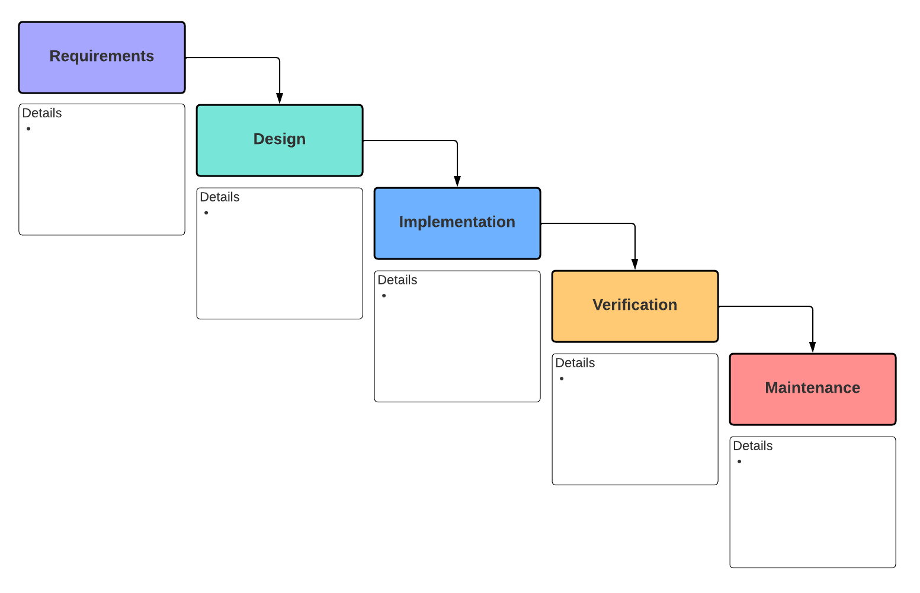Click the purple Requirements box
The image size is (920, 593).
102,57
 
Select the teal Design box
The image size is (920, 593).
280,140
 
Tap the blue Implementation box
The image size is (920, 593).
457,223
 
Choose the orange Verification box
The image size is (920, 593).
635,306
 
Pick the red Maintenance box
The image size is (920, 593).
813,389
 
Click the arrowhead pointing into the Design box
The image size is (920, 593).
280,98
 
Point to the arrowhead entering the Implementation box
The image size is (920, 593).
457,181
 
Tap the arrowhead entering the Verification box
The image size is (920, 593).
635,264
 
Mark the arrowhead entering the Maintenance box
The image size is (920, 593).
813,347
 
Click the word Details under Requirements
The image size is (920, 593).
42,113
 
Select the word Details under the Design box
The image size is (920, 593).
220,197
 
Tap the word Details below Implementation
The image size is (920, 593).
398,280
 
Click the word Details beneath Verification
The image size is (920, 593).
575,363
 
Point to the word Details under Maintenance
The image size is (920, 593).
753,446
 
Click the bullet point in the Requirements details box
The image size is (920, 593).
28,129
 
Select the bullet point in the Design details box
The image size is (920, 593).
206,213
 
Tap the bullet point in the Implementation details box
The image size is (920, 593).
384,296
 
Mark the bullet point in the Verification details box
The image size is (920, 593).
562,379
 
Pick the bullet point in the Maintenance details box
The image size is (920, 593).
739,461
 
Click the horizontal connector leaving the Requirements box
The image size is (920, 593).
231,57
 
